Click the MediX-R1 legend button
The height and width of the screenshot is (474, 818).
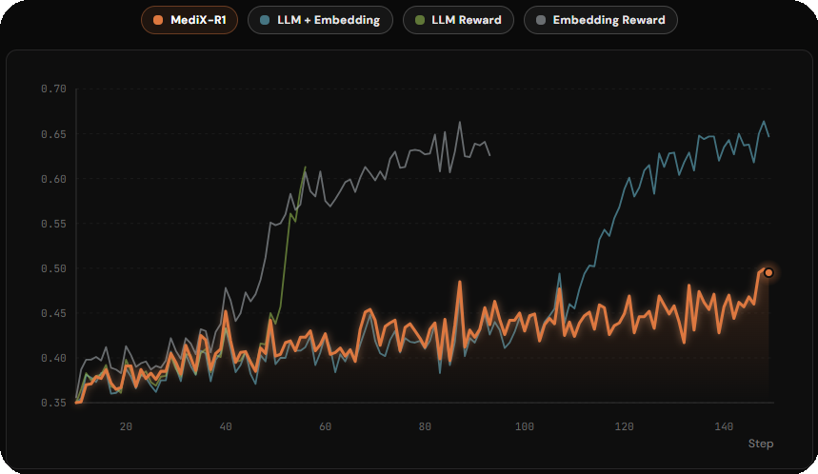pos(189,20)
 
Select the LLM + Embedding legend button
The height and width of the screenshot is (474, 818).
pos(320,20)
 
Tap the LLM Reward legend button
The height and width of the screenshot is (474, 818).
pos(458,20)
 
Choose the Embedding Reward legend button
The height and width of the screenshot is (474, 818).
pos(600,20)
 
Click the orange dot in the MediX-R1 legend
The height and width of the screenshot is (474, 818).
pos(158,20)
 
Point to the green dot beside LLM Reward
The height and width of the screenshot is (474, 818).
pos(420,20)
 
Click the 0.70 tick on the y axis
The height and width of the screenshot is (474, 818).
pos(53,89)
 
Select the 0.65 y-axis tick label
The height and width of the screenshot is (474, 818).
pos(53,134)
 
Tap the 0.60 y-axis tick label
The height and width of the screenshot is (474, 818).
pos(53,179)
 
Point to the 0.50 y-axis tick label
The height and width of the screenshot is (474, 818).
pos(53,268)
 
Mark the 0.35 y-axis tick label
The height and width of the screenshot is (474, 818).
pos(53,404)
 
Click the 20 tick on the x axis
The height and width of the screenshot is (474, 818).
pos(126,426)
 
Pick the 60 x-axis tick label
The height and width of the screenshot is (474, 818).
pos(326,426)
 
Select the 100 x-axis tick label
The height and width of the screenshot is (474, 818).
pos(525,426)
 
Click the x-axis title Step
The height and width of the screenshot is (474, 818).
pos(760,444)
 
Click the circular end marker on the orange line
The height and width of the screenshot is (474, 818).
pos(768,272)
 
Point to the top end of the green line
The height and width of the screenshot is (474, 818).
pos(306,168)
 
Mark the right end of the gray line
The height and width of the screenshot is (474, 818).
pos(490,155)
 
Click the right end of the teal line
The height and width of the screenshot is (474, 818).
pos(768,136)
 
